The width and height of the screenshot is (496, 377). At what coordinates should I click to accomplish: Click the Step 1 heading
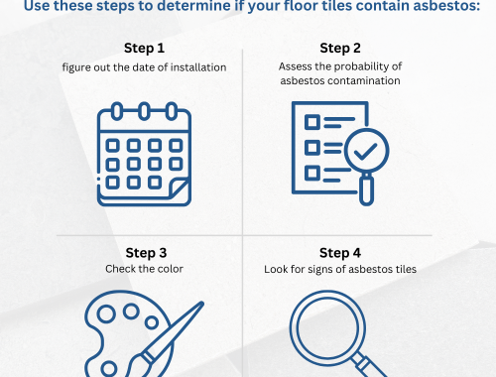point(144,49)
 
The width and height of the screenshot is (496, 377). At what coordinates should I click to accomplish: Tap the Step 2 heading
point(340,49)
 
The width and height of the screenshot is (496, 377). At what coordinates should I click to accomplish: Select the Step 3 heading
point(146,253)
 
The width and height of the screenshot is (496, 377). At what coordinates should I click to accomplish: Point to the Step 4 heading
point(340,253)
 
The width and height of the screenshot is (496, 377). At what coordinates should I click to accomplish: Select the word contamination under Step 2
point(364,80)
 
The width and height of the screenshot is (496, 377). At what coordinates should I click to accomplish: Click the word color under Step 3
point(171,269)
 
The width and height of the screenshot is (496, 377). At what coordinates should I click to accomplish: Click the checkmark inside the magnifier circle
point(365,152)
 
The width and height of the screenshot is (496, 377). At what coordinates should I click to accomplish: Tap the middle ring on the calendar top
point(144,111)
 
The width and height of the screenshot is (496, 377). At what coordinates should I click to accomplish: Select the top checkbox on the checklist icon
point(312,122)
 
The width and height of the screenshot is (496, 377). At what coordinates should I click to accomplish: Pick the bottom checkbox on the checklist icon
point(312,174)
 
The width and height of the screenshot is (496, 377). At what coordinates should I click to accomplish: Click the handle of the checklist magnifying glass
point(366,190)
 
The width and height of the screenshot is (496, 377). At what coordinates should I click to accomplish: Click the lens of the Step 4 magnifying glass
point(327,327)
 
